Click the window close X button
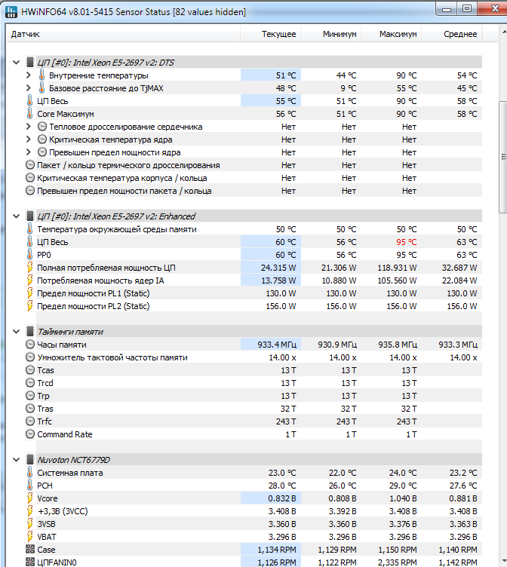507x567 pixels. (494, 8)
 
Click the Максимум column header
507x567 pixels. (398, 34)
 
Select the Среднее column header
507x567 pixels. (460, 34)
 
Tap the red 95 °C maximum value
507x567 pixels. (407, 242)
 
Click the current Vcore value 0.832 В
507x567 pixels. (282, 498)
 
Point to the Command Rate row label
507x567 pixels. (65, 434)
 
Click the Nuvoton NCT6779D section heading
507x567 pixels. (73, 460)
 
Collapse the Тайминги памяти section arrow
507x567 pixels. (17, 332)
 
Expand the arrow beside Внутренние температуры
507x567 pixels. (29, 75)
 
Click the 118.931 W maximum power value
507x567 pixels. (397, 268)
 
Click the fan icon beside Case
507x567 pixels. (30, 549)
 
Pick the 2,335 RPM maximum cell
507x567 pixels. (398, 562)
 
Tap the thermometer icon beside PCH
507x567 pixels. (29, 485)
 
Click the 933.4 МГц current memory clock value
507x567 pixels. (277, 345)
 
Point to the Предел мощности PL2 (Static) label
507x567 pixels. (94, 306)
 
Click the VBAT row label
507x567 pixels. (47, 537)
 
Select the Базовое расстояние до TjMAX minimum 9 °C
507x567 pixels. (348, 88)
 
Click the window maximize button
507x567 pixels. (467, 8)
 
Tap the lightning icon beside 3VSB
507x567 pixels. (30, 523)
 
